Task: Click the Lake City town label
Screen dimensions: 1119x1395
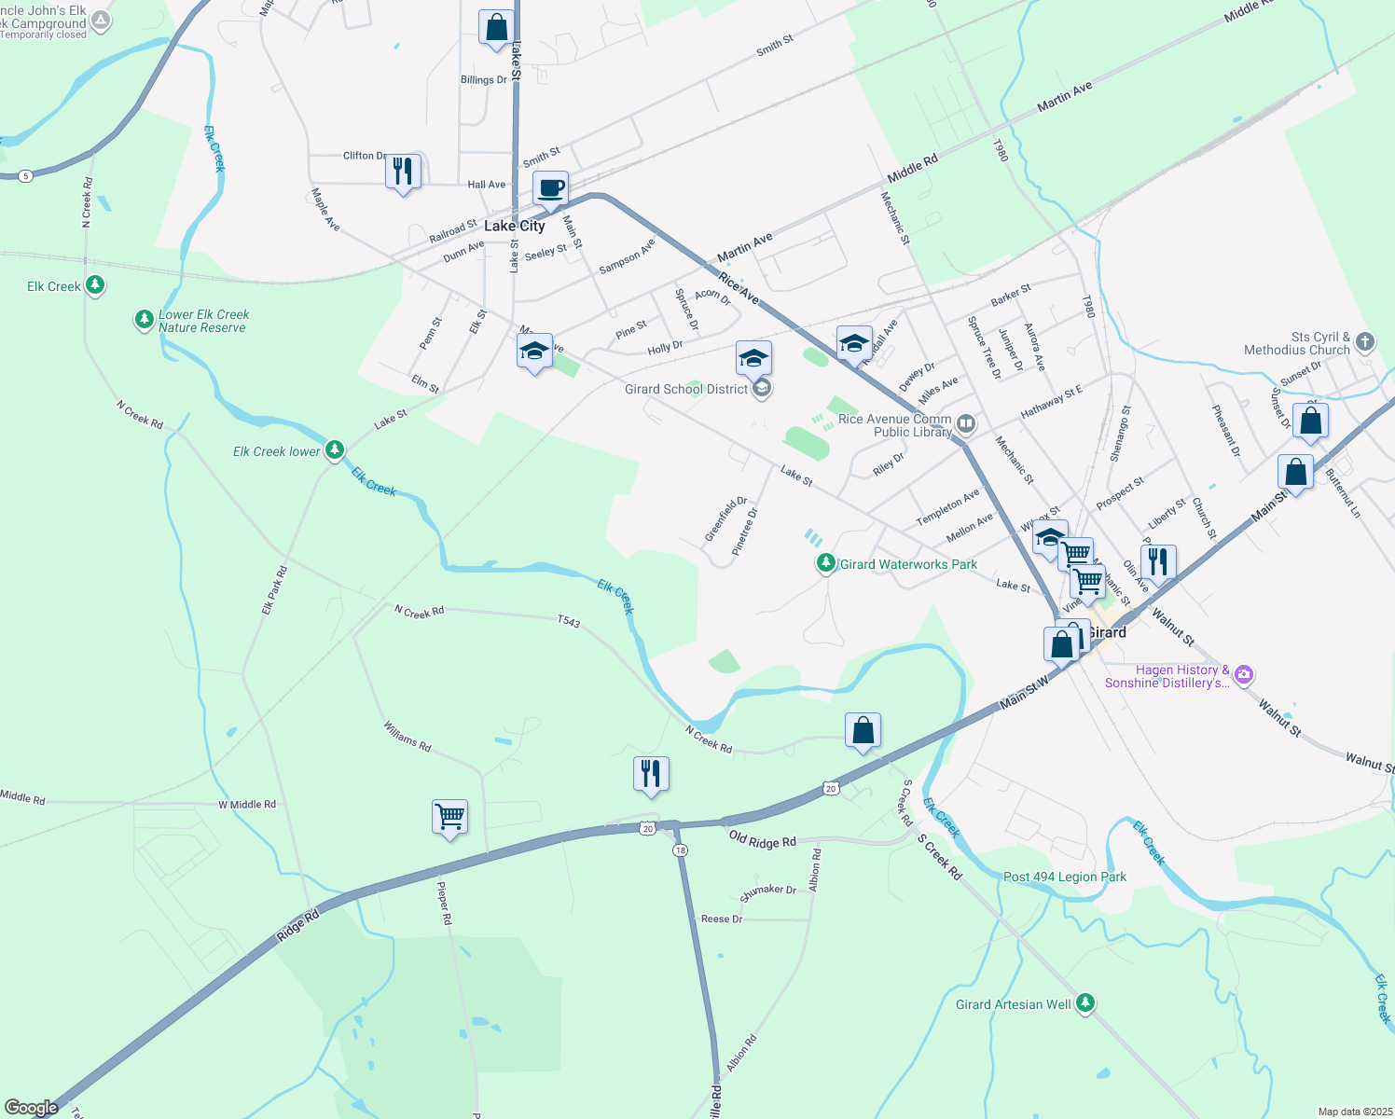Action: click(514, 226)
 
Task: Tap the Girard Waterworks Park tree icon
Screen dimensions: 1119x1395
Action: click(825, 563)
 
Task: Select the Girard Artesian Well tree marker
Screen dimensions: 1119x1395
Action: click(1084, 1003)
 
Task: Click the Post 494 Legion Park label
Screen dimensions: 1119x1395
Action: click(1064, 877)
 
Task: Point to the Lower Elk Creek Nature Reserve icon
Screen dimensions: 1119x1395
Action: click(144, 320)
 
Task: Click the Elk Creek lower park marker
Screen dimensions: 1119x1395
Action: click(335, 450)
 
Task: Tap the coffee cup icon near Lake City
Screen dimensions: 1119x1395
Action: click(550, 189)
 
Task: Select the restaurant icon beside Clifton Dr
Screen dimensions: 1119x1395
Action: click(403, 172)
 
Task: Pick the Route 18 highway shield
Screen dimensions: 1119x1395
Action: click(681, 850)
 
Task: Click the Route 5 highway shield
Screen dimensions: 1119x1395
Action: click(25, 175)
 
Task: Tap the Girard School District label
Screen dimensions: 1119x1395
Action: click(686, 389)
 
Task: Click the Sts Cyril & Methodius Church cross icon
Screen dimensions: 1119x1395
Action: click(1365, 341)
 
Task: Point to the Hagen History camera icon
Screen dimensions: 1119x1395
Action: click(1244, 674)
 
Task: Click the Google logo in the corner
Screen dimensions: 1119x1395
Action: click(31, 1108)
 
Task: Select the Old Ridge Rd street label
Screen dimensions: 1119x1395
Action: click(763, 839)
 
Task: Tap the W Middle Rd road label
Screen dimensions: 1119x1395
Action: click(247, 804)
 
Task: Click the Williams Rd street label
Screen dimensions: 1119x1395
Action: click(407, 737)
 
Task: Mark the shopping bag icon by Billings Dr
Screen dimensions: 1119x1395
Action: click(496, 27)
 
